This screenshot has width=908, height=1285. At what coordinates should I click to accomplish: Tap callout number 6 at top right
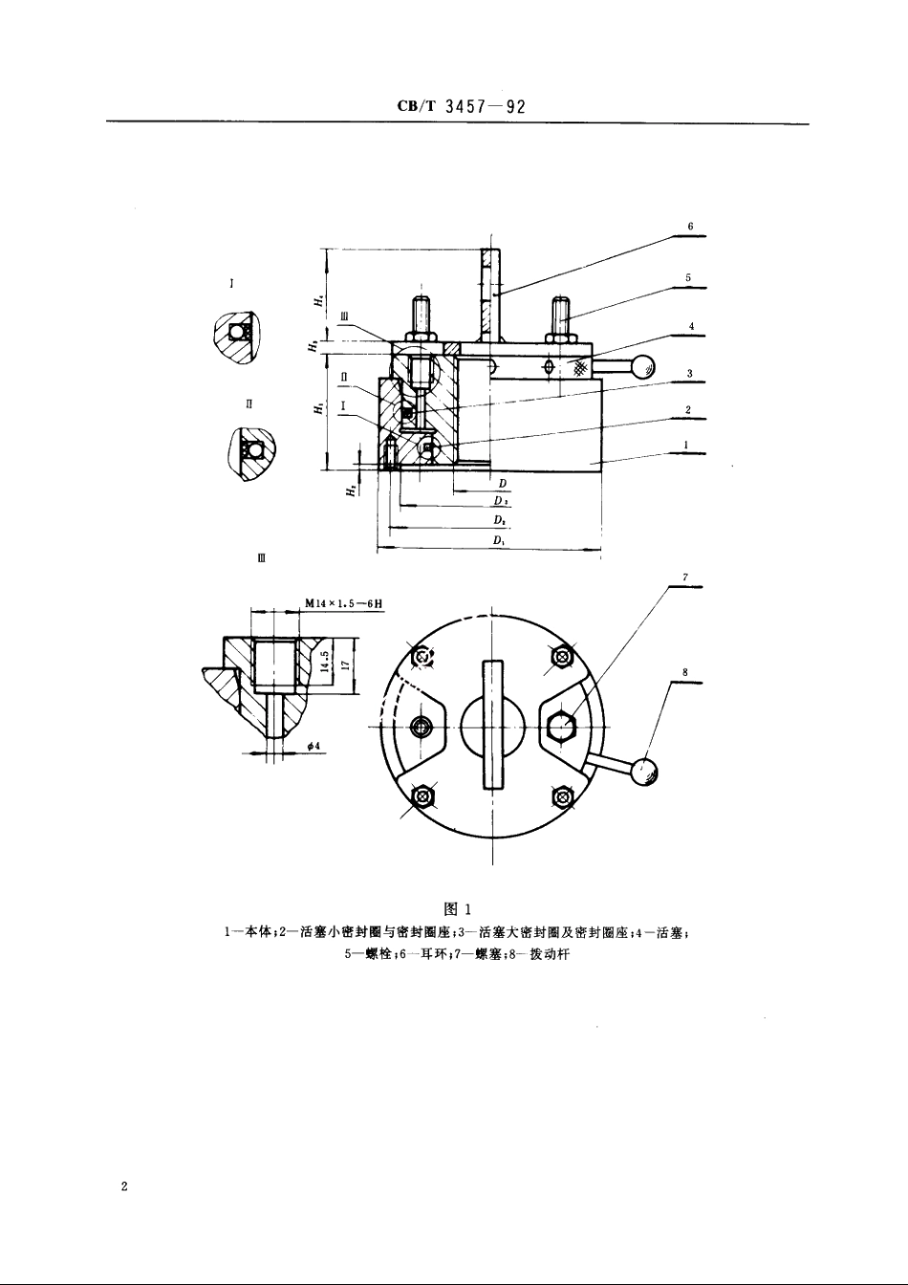(x=689, y=228)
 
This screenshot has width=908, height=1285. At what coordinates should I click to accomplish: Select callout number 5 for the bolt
(x=688, y=278)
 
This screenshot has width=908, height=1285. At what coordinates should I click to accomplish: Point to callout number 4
(x=690, y=327)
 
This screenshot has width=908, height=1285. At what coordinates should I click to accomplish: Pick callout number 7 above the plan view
(x=685, y=577)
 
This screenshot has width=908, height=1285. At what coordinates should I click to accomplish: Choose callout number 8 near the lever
(x=685, y=672)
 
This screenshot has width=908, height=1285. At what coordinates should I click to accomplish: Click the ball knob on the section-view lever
(x=644, y=366)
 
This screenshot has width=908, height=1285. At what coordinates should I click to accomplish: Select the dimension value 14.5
(x=327, y=662)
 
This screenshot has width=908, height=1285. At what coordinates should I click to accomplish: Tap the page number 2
(x=124, y=1187)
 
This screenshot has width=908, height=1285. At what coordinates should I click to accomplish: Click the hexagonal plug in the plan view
(x=561, y=729)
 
